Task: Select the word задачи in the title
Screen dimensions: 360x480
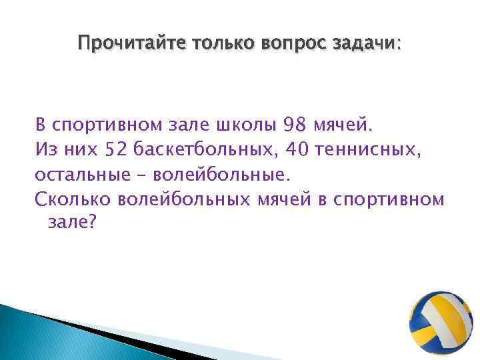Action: (365, 44)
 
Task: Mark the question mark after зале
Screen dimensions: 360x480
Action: (93, 223)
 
